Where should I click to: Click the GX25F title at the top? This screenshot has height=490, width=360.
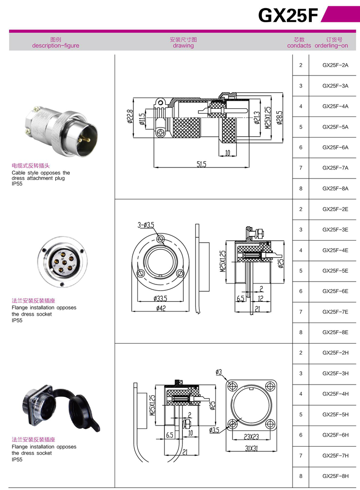tap(288, 16)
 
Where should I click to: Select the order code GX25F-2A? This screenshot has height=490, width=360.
tap(335, 65)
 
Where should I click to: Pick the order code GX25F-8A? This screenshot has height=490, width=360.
tap(335, 188)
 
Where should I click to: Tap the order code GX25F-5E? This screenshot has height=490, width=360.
tap(335, 271)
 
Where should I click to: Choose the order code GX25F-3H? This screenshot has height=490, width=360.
tap(335, 373)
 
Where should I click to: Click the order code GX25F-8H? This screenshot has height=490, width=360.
tap(335, 476)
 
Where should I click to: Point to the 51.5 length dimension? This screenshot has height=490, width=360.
tap(201, 164)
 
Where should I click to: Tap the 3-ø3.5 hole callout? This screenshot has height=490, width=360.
tap(145, 225)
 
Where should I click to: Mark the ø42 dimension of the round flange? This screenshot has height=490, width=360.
tap(160, 309)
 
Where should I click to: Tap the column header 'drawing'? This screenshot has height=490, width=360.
tap(183, 46)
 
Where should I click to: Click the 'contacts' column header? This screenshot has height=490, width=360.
tap(299, 46)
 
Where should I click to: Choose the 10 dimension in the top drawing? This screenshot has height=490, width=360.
tap(227, 153)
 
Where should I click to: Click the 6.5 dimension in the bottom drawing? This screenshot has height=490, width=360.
tap(169, 434)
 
